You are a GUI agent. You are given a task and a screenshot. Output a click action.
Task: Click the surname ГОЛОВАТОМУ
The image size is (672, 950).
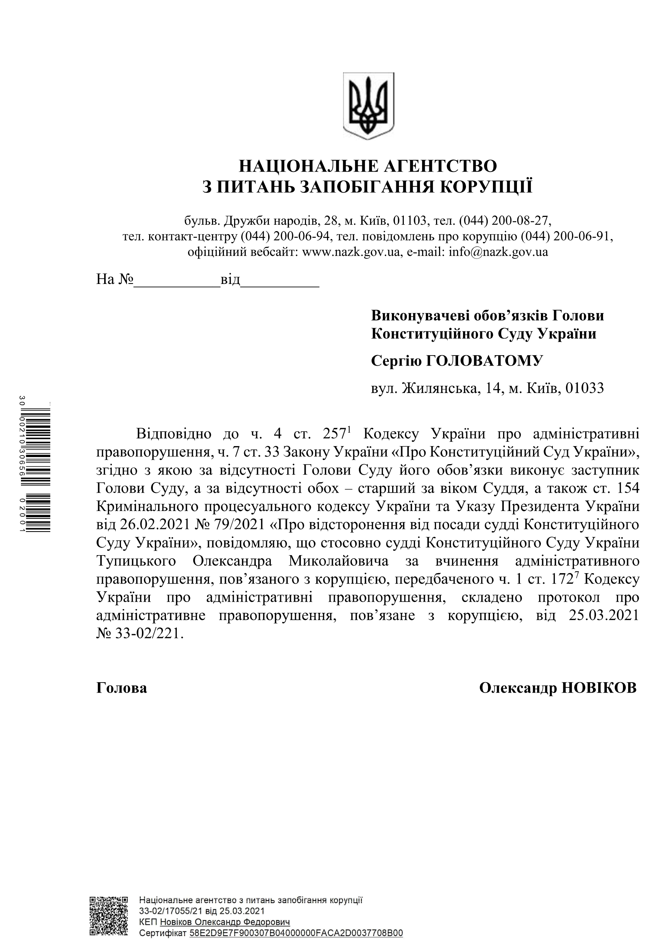click(484, 361)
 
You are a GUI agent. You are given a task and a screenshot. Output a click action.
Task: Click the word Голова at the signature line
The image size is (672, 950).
click(122, 688)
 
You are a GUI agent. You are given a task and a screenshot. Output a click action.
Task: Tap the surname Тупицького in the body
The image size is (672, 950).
click(136, 561)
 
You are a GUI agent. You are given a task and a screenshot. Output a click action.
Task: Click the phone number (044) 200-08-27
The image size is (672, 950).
click(505, 220)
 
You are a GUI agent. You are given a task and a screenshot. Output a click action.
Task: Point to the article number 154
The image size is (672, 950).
click(627, 488)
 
